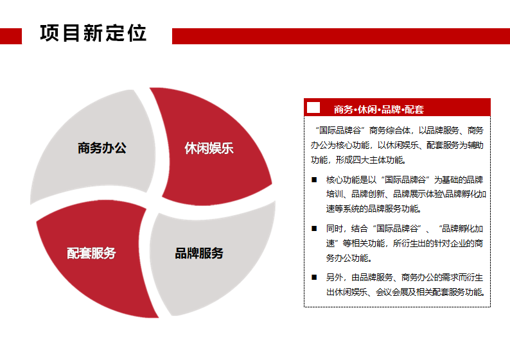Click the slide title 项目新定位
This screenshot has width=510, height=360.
[93, 33]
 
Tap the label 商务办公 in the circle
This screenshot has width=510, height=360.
[102, 148]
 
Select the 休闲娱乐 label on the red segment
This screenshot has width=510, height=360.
[209, 148]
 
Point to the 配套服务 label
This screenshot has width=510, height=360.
[91, 253]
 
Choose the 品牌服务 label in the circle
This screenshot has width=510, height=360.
[199, 253]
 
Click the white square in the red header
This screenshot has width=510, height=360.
[313, 108]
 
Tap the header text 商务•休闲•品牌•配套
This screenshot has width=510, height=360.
[379, 110]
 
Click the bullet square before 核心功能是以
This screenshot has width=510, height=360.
[314, 180]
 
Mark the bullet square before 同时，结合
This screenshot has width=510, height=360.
[314, 228]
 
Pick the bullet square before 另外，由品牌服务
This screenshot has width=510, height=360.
[314, 277]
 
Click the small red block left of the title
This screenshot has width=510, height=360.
[11, 36]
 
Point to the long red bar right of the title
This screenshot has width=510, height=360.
[341, 36]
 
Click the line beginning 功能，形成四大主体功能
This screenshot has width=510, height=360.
[358, 160]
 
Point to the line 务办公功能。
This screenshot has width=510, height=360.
[349, 259]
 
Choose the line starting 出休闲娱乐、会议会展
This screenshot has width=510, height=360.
[405, 292]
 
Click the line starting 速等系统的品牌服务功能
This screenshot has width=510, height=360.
[374, 209]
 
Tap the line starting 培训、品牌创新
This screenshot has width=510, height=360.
[406, 194]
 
